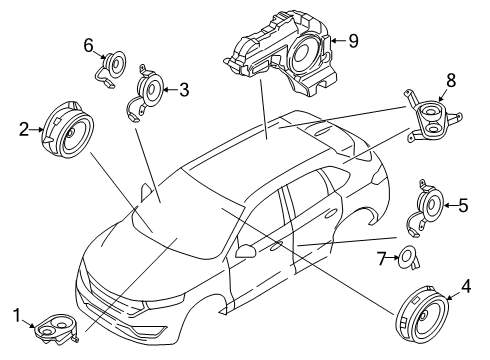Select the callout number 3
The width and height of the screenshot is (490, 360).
click(x=184, y=90)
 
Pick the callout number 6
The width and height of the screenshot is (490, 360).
click(x=87, y=45)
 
